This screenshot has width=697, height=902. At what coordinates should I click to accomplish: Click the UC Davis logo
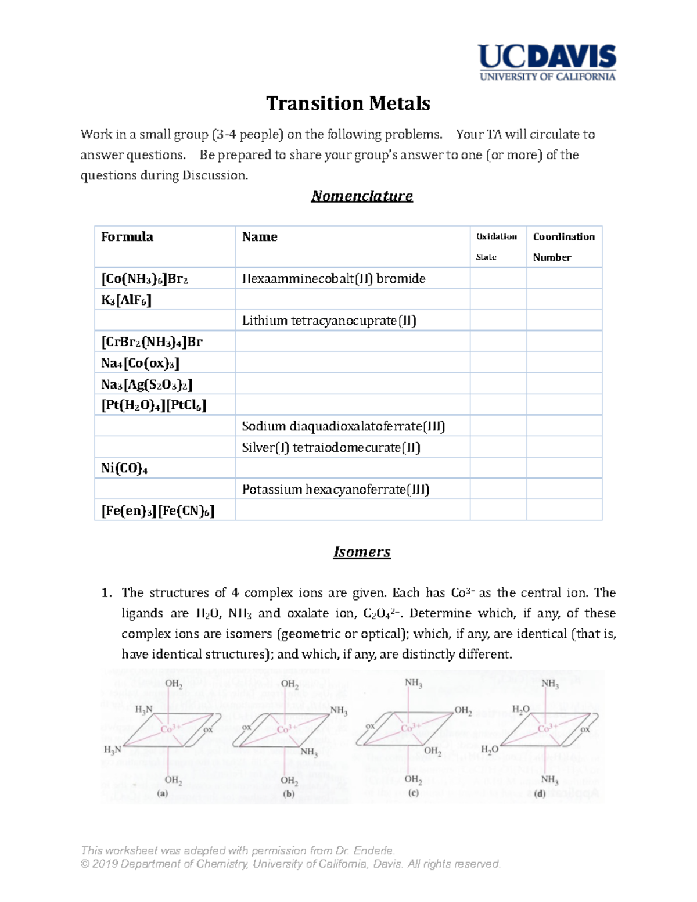(547, 62)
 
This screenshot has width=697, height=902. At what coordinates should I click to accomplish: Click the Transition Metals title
(348, 103)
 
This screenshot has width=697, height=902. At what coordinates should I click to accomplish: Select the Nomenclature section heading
(362, 196)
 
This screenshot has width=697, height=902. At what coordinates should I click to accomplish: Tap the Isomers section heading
(362, 552)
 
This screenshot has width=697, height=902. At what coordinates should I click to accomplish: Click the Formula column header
(127, 237)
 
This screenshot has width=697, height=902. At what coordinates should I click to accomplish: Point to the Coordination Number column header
(563, 246)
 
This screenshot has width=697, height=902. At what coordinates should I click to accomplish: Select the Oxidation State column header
(497, 246)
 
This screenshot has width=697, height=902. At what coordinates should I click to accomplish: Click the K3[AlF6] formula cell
(126, 300)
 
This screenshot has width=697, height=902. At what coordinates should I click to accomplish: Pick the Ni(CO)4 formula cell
(124, 468)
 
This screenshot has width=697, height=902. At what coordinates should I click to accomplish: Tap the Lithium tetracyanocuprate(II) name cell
(329, 321)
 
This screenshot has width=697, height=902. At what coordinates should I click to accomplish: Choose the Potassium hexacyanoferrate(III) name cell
(336, 490)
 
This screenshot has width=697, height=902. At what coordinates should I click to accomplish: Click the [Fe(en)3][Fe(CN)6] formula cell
(158, 511)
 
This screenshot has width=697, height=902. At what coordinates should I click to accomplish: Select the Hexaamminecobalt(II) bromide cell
(333, 279)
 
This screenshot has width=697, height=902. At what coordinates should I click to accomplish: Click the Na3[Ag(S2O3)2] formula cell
(146, 384)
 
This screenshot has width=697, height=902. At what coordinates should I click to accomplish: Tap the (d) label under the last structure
(540, 793)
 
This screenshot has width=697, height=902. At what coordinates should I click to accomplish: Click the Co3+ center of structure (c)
(411, 728)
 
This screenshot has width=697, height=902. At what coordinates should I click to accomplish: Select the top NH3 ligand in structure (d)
(550, 684)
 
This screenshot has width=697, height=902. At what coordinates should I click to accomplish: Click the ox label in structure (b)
(247, 727)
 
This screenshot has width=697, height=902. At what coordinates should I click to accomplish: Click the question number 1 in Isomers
(106, 593)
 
